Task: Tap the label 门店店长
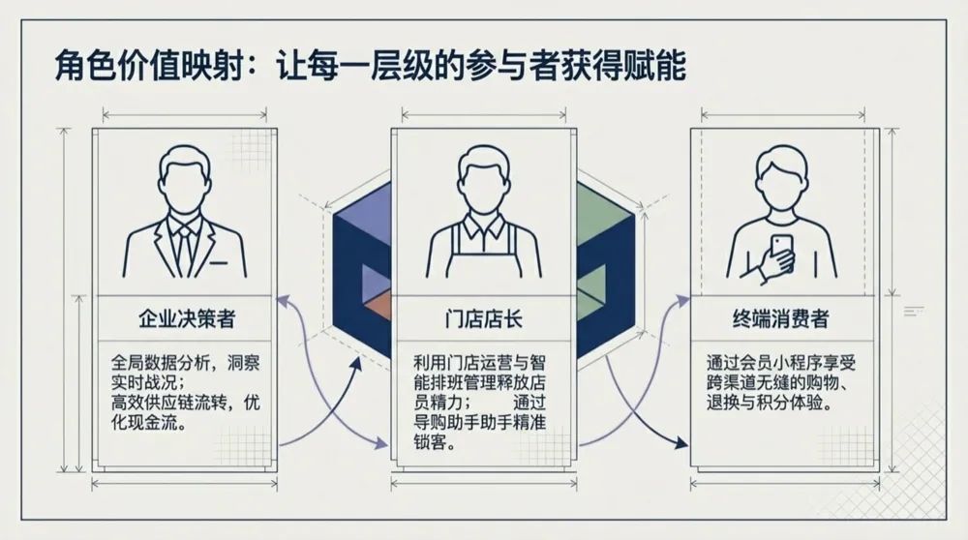(x=482, y=318)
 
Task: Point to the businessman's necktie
(x=183, y=247)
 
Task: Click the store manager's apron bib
(x=482, y=254)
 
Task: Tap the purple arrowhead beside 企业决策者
(x=282, y=300)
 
